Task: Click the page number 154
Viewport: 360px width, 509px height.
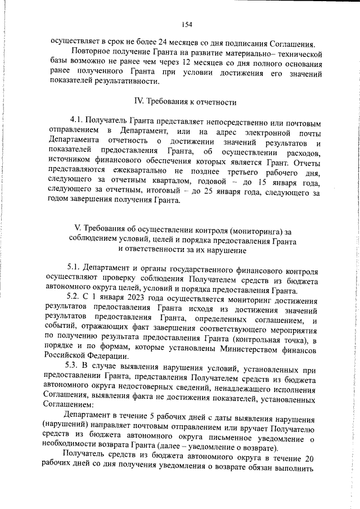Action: point(187,24)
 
